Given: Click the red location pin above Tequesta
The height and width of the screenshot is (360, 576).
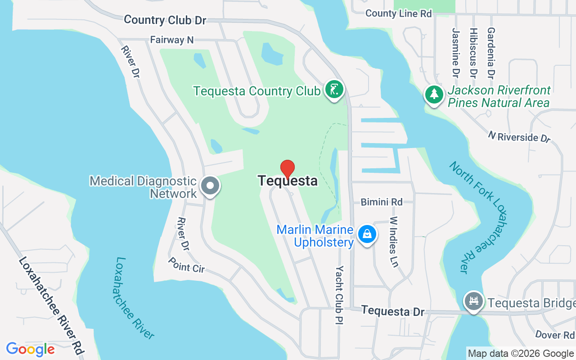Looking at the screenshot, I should pyautogui.click(x=288, y=169).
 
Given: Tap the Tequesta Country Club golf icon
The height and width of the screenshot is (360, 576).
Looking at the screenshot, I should pyautogui.click(x=333, y=90).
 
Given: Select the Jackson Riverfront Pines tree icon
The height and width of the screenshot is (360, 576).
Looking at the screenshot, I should pyautogui.click(x=434, y=94).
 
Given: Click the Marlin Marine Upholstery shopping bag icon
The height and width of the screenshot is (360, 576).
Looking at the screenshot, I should pyautogui.click(x=367, y=234).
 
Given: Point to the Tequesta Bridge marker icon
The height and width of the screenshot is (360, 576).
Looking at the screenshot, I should pyautogui.click(x=473, y=300).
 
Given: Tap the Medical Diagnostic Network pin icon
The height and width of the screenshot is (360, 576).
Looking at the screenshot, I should pyautogui.click(x=210, y=185).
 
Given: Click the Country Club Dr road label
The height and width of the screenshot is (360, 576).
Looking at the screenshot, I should pyautogui.click(x=165, y=20).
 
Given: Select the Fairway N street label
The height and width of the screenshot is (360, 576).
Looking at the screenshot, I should pyautogui.click(x=171, y=40).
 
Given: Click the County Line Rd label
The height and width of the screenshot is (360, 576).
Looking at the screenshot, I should pyautogui.click(x=398, y=13).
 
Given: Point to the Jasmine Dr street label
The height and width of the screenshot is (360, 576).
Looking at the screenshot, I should pyautogui.click(x=456, y=52).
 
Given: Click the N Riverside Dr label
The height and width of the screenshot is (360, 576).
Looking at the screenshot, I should pyautogui.click(x=519, y=136).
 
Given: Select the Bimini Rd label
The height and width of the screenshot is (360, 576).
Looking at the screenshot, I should pyautogui.click(x=382, y=202).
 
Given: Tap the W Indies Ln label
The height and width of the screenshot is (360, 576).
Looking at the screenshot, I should pyautogui.click(x=394, y=242).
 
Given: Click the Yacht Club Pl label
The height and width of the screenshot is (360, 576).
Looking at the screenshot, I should pyautogui.click(x=339, y=294).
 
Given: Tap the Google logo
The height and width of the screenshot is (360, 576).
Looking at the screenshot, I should pyautogui.click(x=30, y=349).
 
